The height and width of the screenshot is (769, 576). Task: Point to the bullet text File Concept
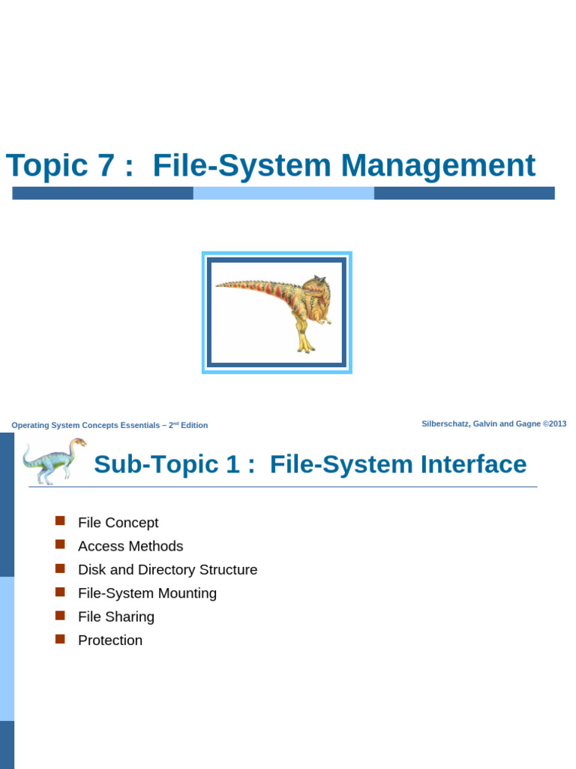tap(118, 523)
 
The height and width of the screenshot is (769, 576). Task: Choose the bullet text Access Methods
tap(130, 546)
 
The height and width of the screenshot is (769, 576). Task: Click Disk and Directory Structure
tap(167, 570)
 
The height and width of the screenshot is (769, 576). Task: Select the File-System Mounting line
tap(147, 593)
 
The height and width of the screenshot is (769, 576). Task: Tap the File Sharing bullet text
tap(115, 617)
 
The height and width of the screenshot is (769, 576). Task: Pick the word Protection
tap(109, 641)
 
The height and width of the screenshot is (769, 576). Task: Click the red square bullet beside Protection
tap(61, 639)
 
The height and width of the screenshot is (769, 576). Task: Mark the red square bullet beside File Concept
tap(61, 521)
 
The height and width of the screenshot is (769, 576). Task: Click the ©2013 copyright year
tap(555, 424)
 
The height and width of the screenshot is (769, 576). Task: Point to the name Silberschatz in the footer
tap(445, 424)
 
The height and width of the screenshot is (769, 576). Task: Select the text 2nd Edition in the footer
tap(187, 425)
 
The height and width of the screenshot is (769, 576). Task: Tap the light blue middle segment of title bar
tap(283, 193)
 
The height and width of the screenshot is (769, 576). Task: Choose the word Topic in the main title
tap(46, 166)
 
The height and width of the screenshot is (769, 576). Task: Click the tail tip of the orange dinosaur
tap(218, 285)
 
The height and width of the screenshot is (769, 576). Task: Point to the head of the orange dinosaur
tap(319, 285)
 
